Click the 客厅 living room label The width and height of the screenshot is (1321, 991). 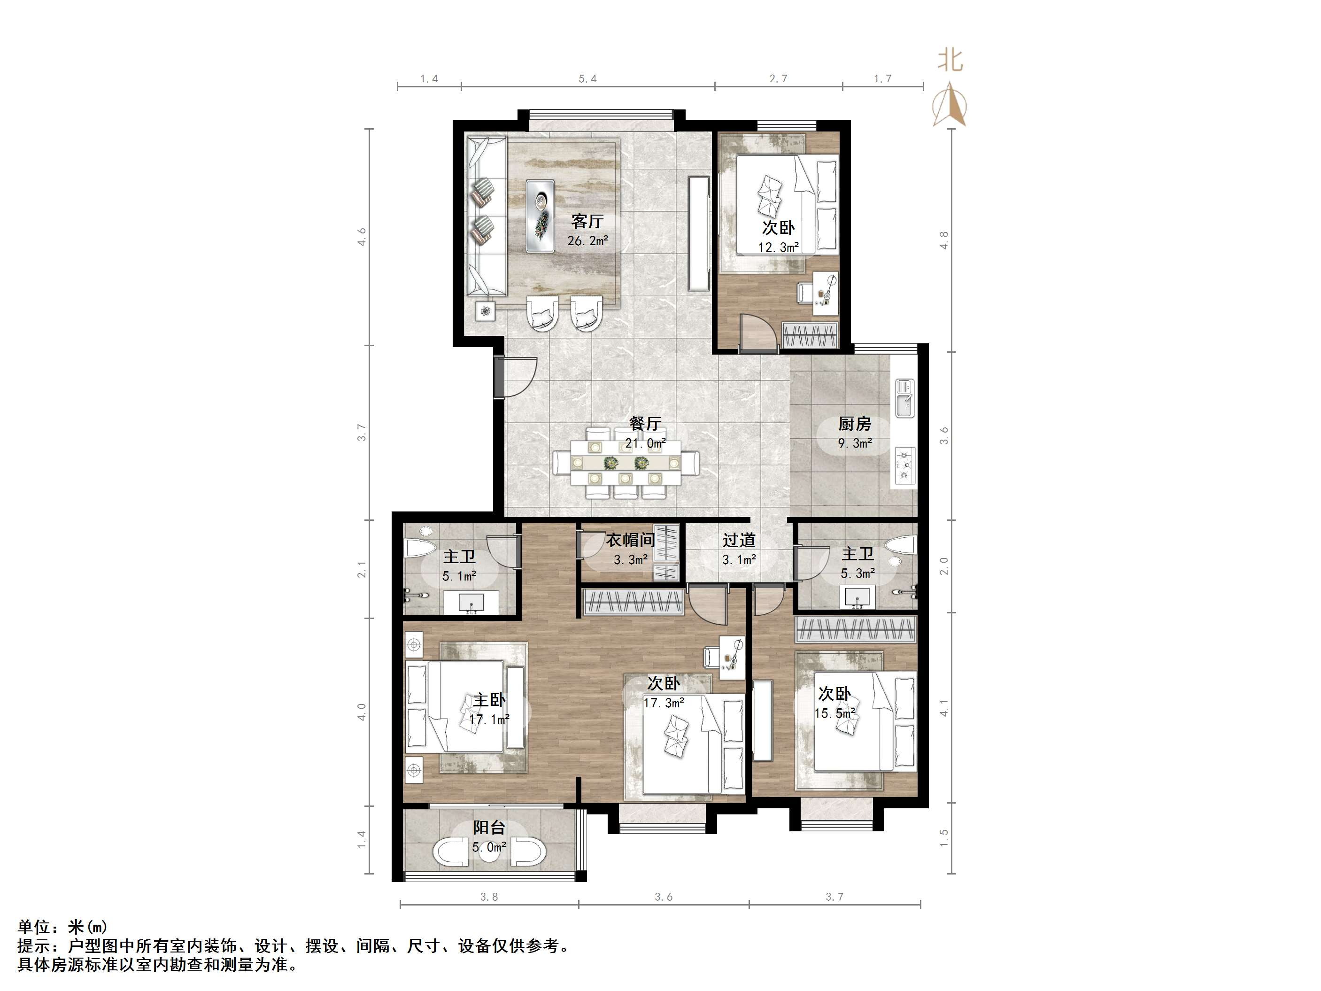click(587, 222)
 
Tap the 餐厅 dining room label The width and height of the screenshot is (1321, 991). click(645, 424)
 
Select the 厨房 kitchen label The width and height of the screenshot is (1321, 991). click(855, 424)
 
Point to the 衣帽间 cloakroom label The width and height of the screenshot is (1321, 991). click(631, 540)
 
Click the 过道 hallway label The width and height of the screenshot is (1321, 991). click(739, 540)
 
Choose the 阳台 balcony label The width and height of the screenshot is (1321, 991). click(489, 828)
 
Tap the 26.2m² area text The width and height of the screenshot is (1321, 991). click(587, 241)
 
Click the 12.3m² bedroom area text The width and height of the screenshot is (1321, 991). click(779, 247)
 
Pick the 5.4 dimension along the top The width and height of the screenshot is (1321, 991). click(587, 79)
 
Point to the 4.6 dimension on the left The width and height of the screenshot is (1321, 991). click(361, 237)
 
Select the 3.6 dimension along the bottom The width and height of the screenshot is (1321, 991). click(664, 897)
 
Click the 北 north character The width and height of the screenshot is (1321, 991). click(950, 60)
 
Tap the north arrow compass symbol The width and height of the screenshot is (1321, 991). click(950, 104)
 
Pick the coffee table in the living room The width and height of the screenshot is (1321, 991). click(541, 216)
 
